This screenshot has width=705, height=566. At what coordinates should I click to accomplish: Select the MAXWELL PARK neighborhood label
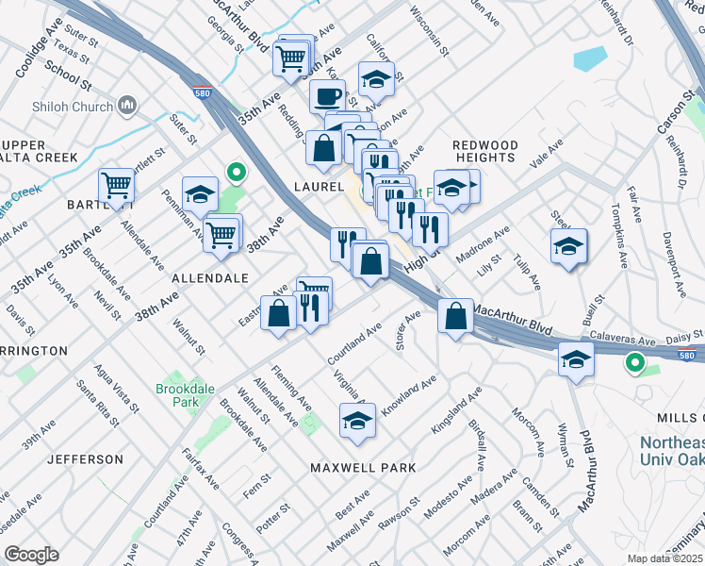click(363, 468)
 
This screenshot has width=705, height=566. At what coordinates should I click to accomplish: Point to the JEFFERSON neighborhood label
click(85, 459)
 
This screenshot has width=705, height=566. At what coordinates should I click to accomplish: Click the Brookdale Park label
click(178, 395)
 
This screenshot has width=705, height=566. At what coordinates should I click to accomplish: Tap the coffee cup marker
click(327, 96)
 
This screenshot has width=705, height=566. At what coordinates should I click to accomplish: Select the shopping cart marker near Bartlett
click(117, 186)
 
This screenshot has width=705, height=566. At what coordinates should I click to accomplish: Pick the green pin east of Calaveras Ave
click(635, 362)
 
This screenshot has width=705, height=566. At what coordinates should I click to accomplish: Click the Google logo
click(31, 554)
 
